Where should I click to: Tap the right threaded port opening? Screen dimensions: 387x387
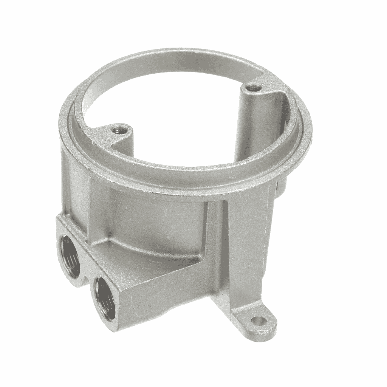point(105,295)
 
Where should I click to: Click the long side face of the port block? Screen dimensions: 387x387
point(163,302)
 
